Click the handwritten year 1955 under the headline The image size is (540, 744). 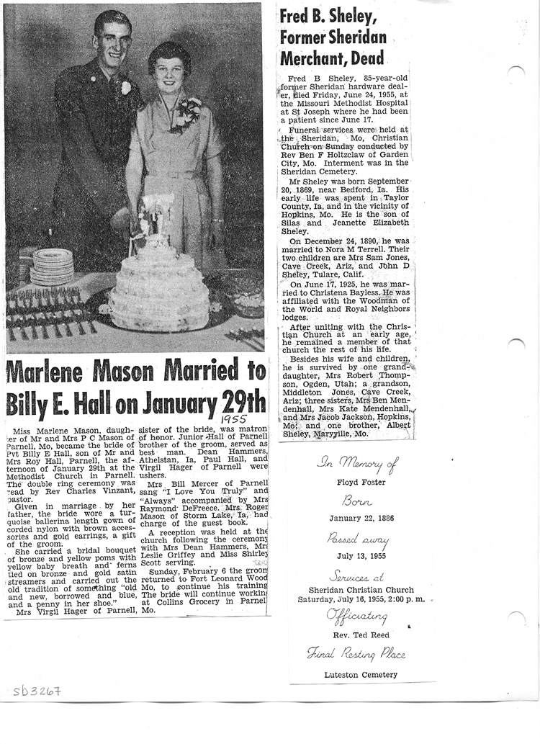(234, 418)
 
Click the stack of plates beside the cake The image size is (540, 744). (52, 266)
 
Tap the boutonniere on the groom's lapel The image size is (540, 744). (126, 87)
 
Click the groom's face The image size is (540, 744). (114, 39)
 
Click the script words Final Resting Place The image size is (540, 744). (356, 654)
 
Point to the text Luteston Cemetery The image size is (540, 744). (361, 675)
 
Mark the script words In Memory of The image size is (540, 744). (356, 465)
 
